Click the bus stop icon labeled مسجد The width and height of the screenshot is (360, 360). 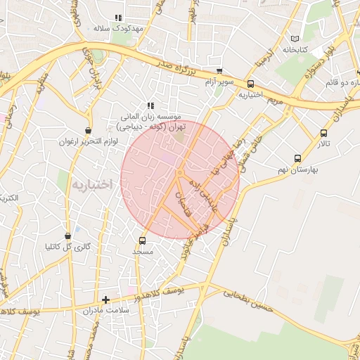[x=143, y=239]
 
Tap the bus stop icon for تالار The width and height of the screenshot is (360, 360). [x=323, y=133]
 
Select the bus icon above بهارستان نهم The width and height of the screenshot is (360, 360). [x=298, y=158]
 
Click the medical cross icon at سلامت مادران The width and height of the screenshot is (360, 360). [x=105, y=300]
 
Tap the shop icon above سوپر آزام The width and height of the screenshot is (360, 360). [x=220, y=71]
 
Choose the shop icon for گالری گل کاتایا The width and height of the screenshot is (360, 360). [x=67, y=236]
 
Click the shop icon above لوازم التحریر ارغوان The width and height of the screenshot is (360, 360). [x=87, y=130]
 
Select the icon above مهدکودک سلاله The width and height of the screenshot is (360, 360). [x=117, y=18]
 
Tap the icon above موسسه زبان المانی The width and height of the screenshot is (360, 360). [x=150, y=105]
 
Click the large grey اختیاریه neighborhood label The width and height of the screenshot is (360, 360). [x=91, y=185]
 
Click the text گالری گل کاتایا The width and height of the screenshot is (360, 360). [x=68, y=247]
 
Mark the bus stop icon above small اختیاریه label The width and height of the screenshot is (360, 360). [x=251, y=84]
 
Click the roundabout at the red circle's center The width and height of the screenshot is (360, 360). [x=180, y=172]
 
